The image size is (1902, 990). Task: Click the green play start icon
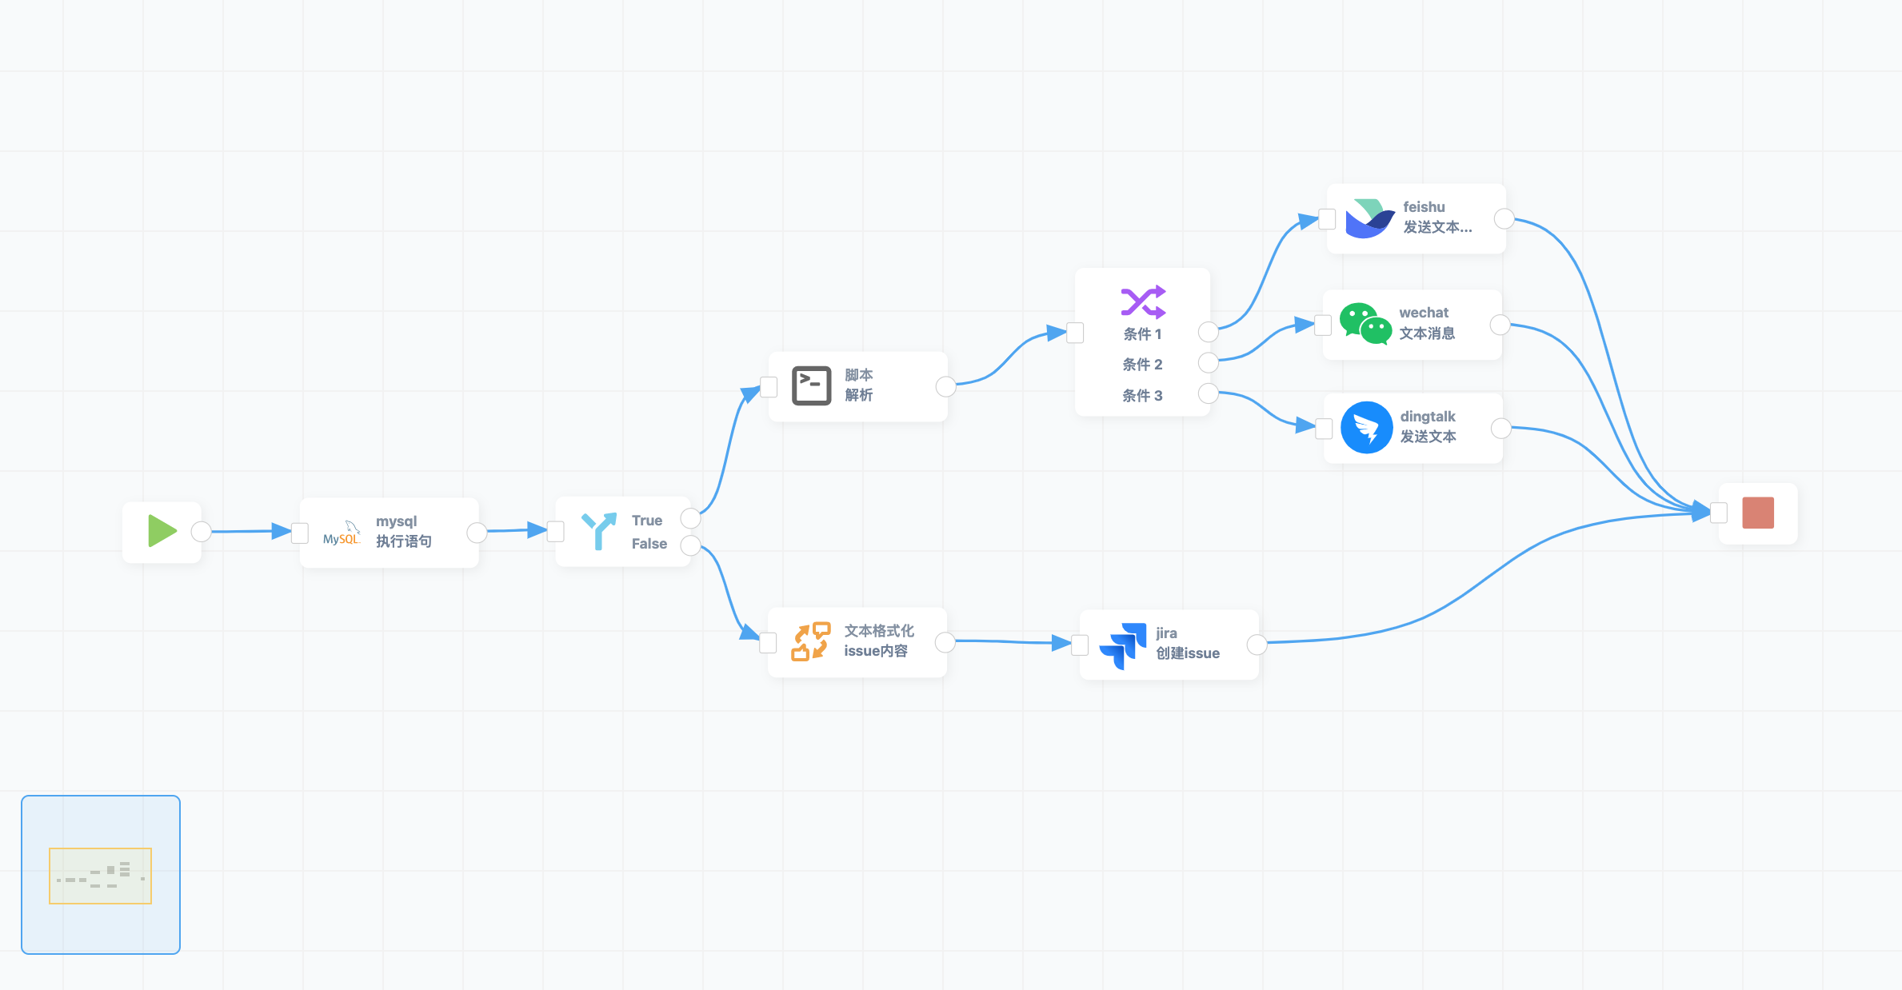(x=162, y=532)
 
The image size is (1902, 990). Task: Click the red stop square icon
(x=1758, y=513)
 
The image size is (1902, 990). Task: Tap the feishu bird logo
(x=1369, y=218)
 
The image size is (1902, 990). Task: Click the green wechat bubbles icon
(x=1365, y=324)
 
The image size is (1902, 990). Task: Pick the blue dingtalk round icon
(x=1366, y=428)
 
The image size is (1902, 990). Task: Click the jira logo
(x=1123, y=645)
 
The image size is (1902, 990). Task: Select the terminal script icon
(x=811, y=386)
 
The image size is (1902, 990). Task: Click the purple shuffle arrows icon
(x=1143, y=301)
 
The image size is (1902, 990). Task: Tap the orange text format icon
(x=810, y=641)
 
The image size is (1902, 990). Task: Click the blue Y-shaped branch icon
(x=598, y=531)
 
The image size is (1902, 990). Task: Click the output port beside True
(x=690, y=518)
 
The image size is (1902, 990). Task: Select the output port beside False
(x=690, y=545)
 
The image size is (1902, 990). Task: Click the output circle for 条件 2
(x=1208, y=363)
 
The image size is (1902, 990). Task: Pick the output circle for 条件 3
(x=1208, y=393)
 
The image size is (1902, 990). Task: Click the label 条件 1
(x=1142, y=334)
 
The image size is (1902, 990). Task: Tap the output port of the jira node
(x=1257, y=645)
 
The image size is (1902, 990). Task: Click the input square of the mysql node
(x=300, y=533)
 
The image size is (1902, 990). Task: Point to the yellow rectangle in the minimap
(x=100, y=876)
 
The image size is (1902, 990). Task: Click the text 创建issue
(x=1188, y=653)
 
